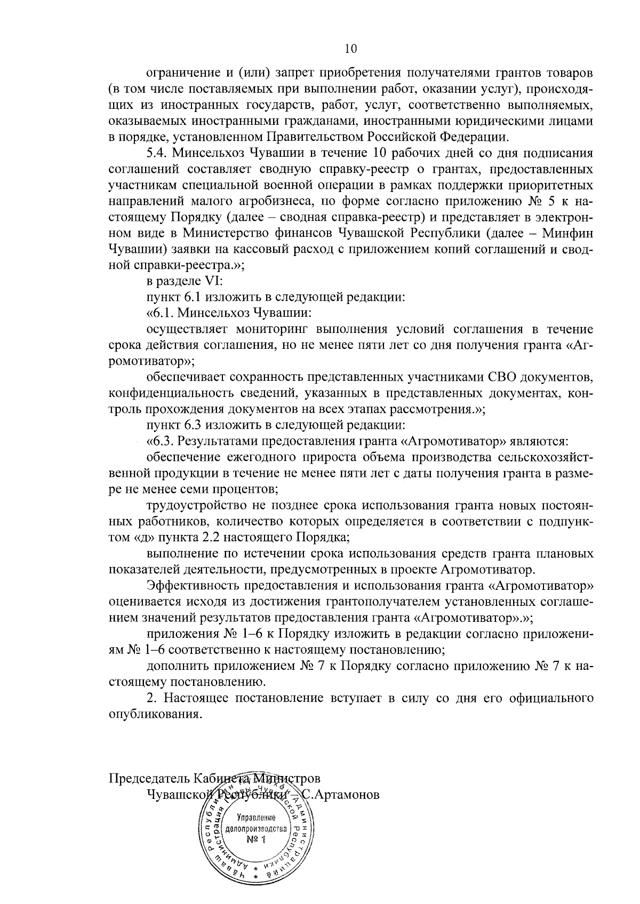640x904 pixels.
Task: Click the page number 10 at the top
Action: pos(350,49)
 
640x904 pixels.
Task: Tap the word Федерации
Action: pos(471,136)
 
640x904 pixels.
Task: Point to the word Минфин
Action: pos(572,234)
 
